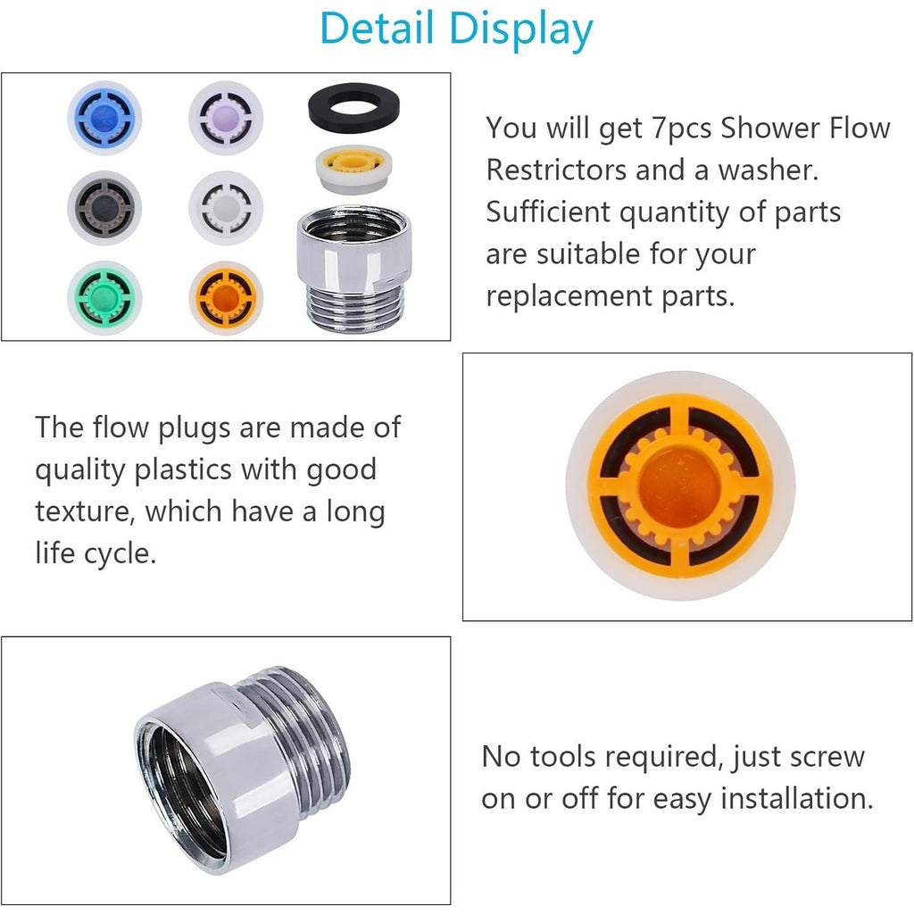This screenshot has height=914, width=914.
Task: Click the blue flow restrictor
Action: tap(104, 117)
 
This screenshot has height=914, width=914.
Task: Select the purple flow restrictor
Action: tap(226, 118)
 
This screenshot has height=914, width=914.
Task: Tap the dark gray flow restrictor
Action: tap(104, 207)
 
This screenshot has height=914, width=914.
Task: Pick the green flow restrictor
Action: tap(104, 297)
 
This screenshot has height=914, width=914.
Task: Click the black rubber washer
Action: tap(353, 108)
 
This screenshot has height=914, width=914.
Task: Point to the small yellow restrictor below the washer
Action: tap(353, 169)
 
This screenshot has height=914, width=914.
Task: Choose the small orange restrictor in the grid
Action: tap(226, 298)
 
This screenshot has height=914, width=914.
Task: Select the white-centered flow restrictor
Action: tap(226, 207)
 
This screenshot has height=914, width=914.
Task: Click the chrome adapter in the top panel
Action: tap(353, 268)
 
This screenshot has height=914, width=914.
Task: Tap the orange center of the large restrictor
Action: tap(679, 486)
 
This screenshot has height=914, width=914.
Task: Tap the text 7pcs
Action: tap(682, 129)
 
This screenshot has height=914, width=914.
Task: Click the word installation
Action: tap(797, 798)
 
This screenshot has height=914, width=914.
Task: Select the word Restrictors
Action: tap(556, 170)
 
